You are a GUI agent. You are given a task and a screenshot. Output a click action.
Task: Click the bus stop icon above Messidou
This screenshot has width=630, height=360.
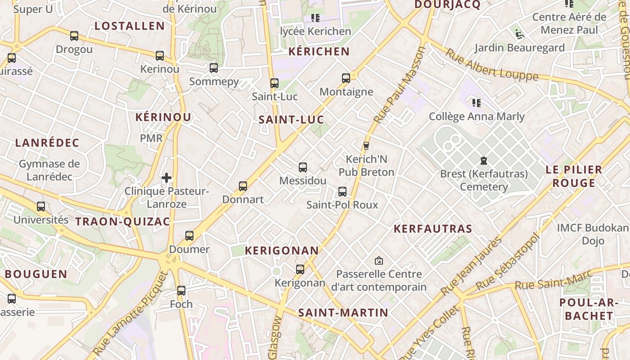[x=303, y=167]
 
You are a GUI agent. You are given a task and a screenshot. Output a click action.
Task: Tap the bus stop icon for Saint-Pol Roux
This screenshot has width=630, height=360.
[x=342, y=192]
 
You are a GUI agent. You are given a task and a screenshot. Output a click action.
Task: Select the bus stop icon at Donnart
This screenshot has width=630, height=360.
[x=243, y=186]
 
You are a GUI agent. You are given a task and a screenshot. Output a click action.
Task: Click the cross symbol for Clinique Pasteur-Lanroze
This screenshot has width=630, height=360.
[x=166, y=178]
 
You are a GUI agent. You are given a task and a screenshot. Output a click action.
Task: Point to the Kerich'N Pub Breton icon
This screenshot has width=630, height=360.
[x=366, y=146]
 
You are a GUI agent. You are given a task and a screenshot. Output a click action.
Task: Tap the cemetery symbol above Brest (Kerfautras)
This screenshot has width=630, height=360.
[x=484, y=161]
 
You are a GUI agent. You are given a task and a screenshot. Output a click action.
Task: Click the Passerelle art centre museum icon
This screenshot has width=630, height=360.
[x=379, y=261]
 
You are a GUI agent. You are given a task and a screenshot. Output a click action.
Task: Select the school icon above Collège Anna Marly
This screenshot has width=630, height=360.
[x=477, y=103]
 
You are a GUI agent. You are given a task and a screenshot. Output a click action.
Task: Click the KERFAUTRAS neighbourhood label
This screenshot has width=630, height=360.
[x=433, y=229]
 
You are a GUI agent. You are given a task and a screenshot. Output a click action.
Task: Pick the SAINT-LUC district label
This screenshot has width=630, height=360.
[x=291, y=120]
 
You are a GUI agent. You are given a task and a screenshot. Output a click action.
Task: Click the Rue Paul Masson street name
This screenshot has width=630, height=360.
[x=399, y=85]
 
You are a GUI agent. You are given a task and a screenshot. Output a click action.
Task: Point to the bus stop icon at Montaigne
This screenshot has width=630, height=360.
[x=346, y=78]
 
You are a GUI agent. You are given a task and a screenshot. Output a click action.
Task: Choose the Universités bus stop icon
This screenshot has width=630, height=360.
[x=41, y=207]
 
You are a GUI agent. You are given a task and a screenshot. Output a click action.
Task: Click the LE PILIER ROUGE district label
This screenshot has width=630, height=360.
[x=574, y=176]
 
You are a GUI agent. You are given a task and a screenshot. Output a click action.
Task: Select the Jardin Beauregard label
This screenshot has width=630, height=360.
[x=520, y=48]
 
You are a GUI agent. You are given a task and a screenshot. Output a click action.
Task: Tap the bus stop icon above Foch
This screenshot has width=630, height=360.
[x=181, y=291]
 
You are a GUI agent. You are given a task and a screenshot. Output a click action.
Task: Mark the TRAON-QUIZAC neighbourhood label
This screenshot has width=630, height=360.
[x=123, y=221]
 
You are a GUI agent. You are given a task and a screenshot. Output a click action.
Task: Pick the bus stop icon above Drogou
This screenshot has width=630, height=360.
[x=74, y=36]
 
